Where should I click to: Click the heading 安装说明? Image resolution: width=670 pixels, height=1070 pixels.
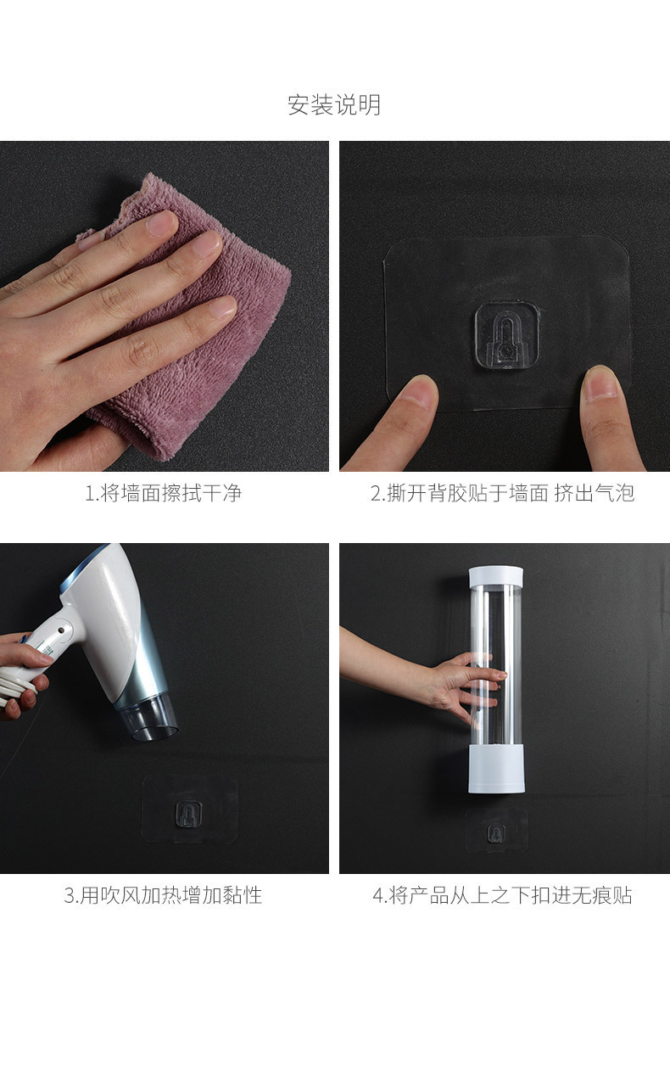(x=334, y=104)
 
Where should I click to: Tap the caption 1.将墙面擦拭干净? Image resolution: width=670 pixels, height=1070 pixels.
(x=164, y=493)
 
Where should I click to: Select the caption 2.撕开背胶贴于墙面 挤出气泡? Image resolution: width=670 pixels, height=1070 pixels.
(x=502, y=493)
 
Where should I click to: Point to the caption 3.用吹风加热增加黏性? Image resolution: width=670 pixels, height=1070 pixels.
(x=164, y=895)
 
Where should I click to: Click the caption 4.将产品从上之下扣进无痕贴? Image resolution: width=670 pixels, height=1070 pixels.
(x=502, y=895)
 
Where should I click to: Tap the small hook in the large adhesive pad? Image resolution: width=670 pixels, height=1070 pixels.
(x=507, y=335)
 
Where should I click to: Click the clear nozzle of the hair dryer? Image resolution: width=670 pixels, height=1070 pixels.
(x=149, y=718)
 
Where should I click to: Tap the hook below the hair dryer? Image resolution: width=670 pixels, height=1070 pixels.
(x=188, y=814)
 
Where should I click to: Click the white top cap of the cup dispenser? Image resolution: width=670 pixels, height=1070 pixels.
(x=495, y=577)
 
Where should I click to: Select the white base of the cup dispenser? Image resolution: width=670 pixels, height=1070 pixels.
(x=496, y=768)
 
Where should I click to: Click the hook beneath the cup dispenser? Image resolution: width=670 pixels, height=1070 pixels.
(x=496, y=833)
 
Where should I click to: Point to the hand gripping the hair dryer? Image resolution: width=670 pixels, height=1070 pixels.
(x=24, y=674)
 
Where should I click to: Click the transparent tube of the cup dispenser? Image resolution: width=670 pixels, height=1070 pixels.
(x=495, y=666)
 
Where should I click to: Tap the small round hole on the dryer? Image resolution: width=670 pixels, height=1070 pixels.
(x=62, y=630)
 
